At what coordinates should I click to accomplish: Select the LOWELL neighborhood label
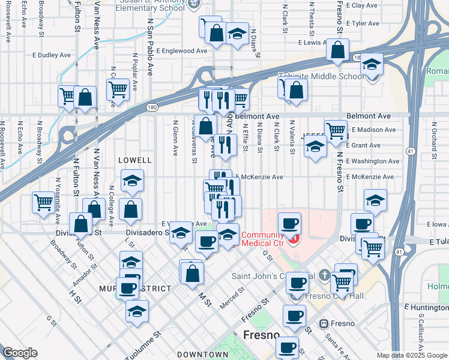click(135, 160)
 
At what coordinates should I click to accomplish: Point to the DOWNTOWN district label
click(203, 355)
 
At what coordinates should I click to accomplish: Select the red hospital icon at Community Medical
click(294, 240)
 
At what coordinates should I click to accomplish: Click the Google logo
click(20, 353)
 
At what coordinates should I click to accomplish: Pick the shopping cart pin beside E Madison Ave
click(336, 130)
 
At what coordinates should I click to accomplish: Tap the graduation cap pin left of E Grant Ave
click(315, 146)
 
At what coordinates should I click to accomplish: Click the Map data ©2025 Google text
click(411, 355)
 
